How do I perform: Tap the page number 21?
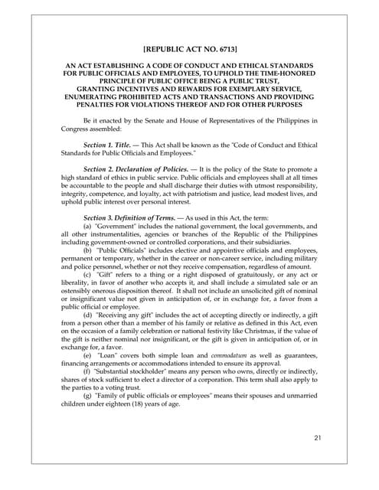click(x=319, y=438)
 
